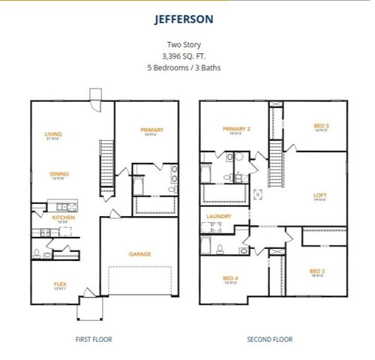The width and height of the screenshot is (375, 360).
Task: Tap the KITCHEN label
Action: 63,217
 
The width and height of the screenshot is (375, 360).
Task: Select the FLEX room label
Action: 60,283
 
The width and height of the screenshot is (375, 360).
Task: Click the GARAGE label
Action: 139,253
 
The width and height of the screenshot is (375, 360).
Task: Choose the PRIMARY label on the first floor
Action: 151,130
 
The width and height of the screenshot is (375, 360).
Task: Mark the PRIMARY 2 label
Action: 236,129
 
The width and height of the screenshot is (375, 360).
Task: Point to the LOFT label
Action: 319,196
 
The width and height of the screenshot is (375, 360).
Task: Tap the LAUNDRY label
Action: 218,216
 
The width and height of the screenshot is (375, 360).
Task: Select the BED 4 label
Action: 229,278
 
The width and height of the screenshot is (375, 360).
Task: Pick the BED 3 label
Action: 317,271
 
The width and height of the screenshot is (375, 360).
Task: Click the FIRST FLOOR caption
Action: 94,339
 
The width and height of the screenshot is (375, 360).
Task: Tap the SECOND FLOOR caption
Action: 270,339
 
